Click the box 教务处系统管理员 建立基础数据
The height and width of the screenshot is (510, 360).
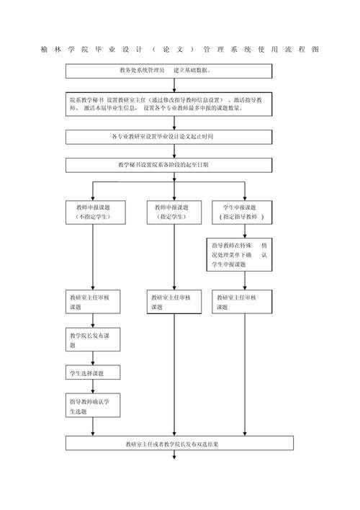pyautogui.click(x=169, y=71)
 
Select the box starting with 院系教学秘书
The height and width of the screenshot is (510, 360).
pyautogui.click(x=169, y=103)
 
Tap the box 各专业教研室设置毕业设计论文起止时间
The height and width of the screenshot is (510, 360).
pyautogui.click(x=169, y=136)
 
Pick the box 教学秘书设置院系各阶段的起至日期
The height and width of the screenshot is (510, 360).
pyautogui.click(x=169, y=165)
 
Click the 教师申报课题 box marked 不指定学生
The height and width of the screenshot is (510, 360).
pyautogui.click(x=93, y=212)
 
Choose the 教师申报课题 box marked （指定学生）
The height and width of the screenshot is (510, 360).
pyautogui.click(x=173, y=212)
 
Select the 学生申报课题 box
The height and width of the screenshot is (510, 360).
pyautogui.click(x=241, y=212)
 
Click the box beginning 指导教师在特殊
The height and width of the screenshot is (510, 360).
pyautogui.click(x=241, y=255)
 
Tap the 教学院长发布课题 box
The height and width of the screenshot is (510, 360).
pyautogui.click(x=93, y=340)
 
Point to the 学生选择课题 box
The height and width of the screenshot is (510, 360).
pyautogui.click(x=93, y=373)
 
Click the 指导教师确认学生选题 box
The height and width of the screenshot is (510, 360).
pyautogui.click(x=93, y=406)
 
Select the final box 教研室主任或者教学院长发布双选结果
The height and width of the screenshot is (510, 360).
pyautogui.click(x=179, y=444)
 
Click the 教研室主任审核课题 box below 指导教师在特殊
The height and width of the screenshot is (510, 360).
pyautogui.click(x=241, y=302)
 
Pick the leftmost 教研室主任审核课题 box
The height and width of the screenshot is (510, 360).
pyautogui.click(x=93, y=302)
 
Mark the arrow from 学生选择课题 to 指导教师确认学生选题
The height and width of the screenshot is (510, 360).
pyautogui.click(x=93, y=387)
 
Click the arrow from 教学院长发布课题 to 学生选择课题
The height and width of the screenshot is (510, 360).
pyautogui.click(x=93, y=359)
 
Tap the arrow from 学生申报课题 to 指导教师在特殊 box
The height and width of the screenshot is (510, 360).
pyautogui.click(x=246, y=231)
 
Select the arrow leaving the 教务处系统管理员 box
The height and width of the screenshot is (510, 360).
pyautogui.click(x=174, y=84)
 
